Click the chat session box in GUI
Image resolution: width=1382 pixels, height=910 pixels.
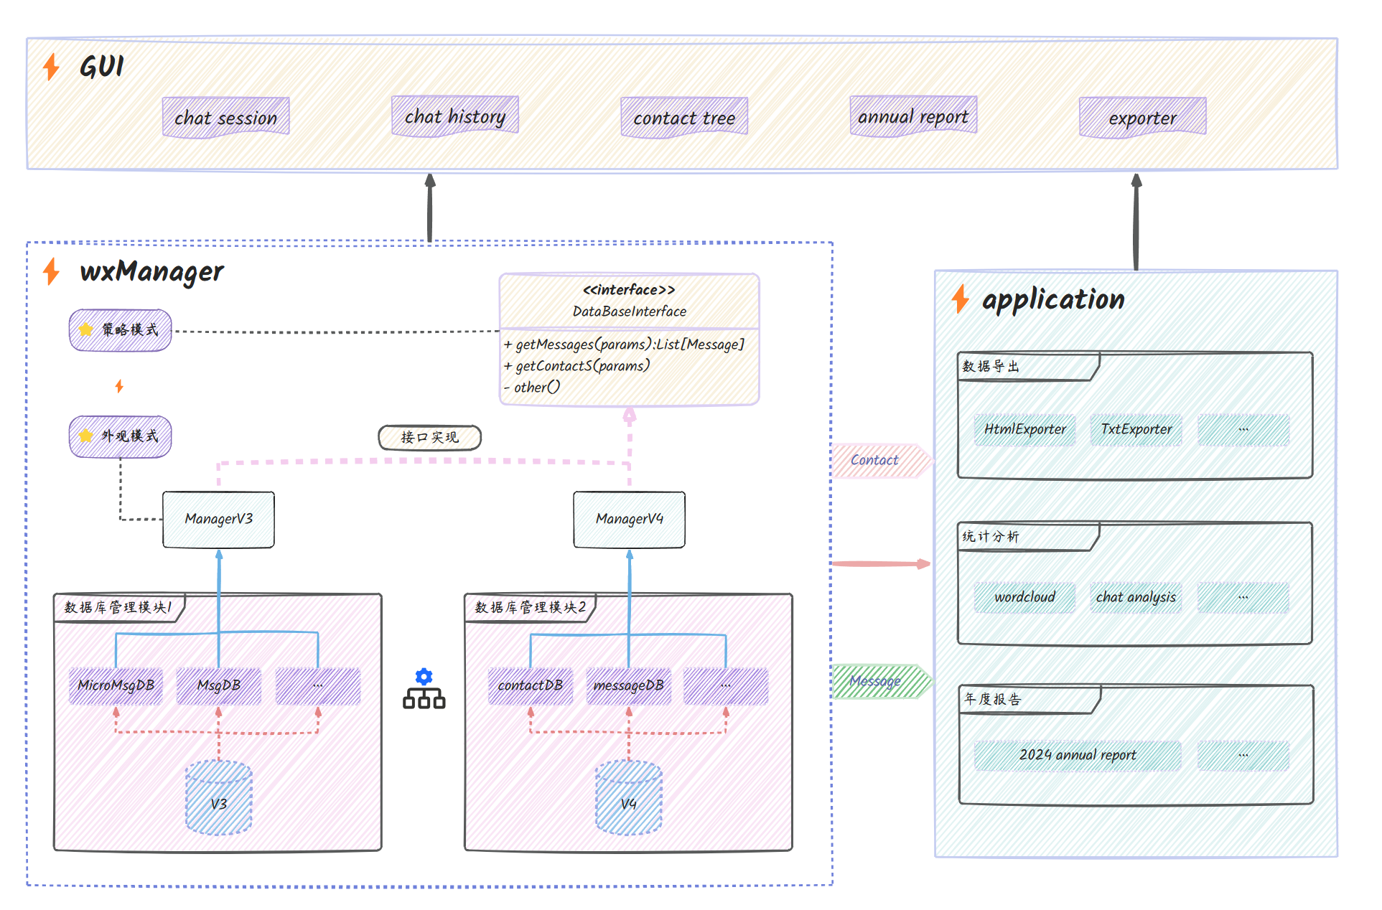click(x=225, y=117)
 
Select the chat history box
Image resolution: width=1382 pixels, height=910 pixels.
click(x=454, y=116)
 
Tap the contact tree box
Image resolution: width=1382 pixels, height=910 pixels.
click(x=683, y=117)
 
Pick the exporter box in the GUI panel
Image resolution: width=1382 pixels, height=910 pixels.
click(x=1142, y=117)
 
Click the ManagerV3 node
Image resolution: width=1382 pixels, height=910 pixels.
click(x=218, y=519)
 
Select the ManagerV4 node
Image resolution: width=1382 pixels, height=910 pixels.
click(x=629, y=519)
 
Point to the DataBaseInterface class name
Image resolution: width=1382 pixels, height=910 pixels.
click(x=629, y=311)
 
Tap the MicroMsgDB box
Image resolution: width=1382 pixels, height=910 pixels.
click(x=116, y=685)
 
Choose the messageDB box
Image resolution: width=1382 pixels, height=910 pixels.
click(x=628, y=685)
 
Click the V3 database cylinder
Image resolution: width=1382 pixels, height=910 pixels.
click(x=218, y=799)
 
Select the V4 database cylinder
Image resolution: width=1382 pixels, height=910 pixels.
click(x=628, y=799)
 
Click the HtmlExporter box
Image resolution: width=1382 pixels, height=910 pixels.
click(x=1024, y=429)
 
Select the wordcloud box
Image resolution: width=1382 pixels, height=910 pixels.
click(x=1024, y=597)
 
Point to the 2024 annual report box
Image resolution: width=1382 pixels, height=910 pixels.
click(x=1077, y=755)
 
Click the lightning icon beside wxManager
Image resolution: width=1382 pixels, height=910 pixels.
click(x=51, y=271)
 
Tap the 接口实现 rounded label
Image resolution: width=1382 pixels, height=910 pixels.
click(x=429, y=437)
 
